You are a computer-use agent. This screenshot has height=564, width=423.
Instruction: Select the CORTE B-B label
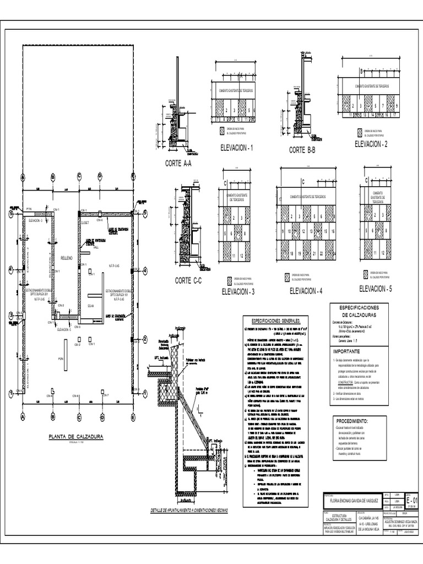point(302,150)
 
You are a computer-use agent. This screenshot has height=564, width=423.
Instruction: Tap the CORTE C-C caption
point(189,281)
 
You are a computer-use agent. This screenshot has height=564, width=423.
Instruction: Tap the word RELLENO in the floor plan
point(67,257)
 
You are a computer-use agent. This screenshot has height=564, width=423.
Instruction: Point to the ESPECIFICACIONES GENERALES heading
point(275,321)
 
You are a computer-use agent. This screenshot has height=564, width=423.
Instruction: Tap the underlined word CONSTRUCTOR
point(345,381)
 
